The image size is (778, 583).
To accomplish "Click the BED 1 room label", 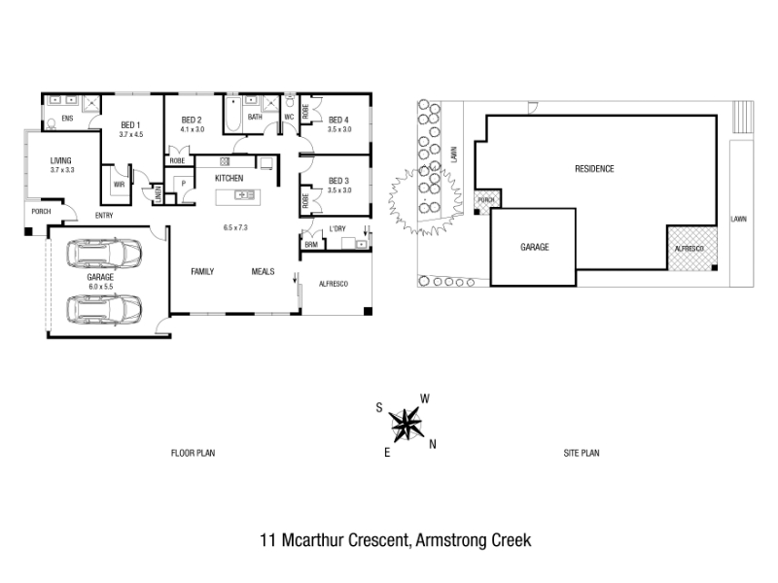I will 131,124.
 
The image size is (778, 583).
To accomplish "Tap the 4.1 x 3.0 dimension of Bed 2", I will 193,129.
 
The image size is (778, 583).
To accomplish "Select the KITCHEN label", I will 229,179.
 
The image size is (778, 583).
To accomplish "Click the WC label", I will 288,118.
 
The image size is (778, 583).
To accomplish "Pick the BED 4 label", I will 338,120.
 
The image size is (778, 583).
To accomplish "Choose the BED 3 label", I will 338,181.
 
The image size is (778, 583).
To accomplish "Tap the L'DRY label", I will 338,228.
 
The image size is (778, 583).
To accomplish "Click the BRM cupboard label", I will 311,245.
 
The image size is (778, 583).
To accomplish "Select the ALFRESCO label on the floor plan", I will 334,284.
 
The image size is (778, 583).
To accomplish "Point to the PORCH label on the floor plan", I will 41,211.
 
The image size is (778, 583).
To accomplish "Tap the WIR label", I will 119,183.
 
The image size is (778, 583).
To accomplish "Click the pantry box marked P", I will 182,183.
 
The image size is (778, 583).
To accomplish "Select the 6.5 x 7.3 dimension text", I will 236,227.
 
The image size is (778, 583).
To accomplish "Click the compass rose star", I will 405,422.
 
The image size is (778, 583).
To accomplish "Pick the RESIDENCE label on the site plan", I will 594,169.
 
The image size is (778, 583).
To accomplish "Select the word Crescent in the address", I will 373,539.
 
